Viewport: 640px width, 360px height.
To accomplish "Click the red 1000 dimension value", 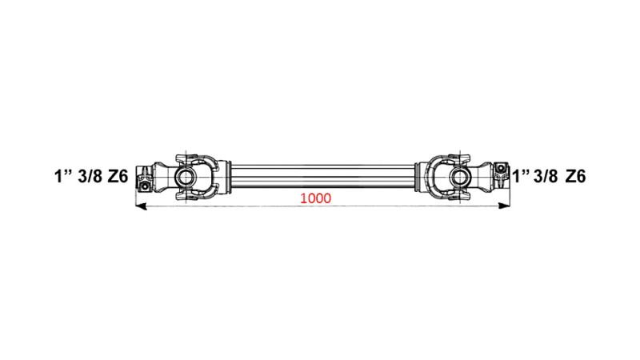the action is [315, 198].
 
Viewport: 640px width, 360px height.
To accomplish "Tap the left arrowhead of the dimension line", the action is [141, 206].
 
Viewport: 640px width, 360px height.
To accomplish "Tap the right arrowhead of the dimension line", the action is [505, 206].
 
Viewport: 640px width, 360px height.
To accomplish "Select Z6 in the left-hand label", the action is [118, 176].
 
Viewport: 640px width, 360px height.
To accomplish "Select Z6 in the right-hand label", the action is [575, 176].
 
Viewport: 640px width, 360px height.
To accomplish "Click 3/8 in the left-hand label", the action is [90, 176].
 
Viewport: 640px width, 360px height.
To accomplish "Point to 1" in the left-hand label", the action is [62, 176].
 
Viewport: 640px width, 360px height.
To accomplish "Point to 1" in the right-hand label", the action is [521, 176].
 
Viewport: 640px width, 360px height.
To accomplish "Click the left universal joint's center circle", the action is [186, 177].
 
